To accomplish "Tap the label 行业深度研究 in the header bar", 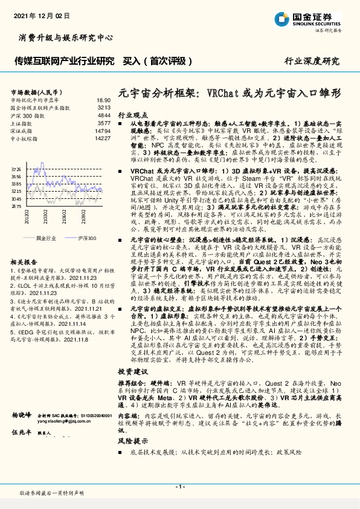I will click(312, 61).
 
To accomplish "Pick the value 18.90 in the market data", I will click(103, 100).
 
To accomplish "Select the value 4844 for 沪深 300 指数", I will click(104, 115).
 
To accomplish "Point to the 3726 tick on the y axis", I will click(16, 170).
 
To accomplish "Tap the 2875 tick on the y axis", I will click(16, 206).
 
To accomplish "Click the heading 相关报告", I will click(24, 261).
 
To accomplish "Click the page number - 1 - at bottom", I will click(179, 487).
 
